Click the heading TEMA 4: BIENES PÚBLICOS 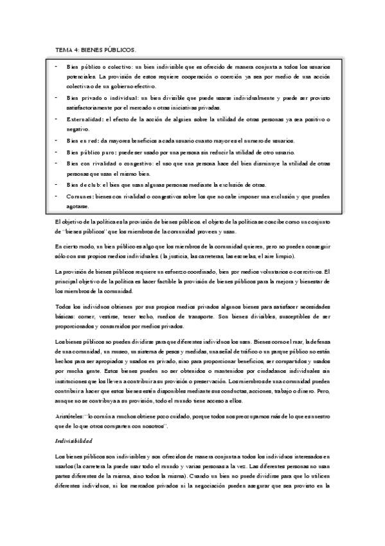tap(95, 49)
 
